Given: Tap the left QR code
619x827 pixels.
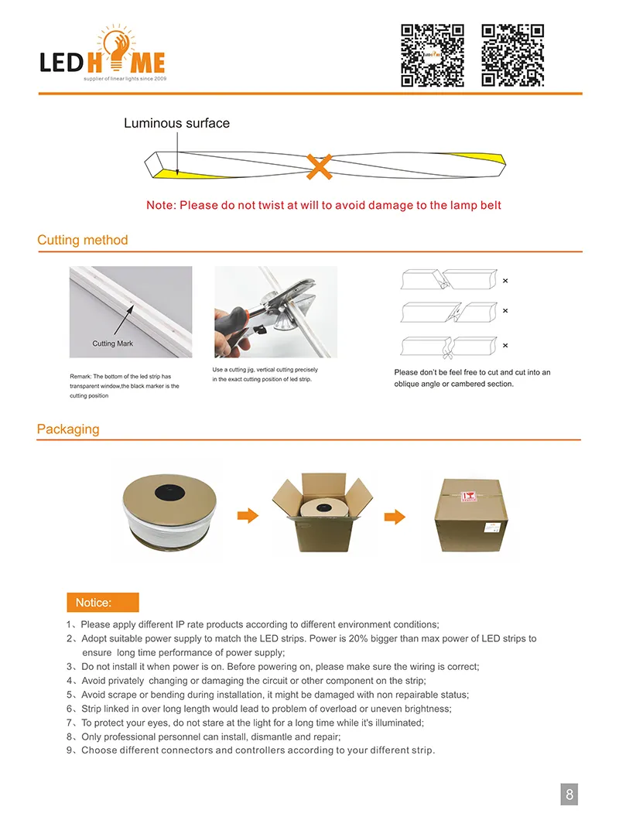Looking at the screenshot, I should tap(432, 55).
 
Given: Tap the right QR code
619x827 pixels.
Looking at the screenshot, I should tap(512, 55).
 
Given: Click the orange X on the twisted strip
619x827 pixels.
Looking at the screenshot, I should tap(319, 166).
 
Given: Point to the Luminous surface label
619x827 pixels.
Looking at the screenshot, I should tap(176, 123).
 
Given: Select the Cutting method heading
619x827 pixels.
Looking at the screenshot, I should tap(83, 240).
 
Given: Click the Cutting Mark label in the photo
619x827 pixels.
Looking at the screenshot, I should tap(114, 343).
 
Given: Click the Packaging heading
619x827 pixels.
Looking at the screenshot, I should tap(68, 429).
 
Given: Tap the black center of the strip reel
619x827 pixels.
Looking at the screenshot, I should tap(167, 490).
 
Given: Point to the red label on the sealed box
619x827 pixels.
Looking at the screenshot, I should tap(467, 496).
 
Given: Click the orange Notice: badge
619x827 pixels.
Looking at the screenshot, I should tap(103, 603).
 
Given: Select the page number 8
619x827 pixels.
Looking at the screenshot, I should tap(569, 794).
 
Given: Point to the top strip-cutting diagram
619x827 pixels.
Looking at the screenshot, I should tap(447, 280).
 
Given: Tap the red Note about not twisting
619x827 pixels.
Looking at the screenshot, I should tap(323, 205).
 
